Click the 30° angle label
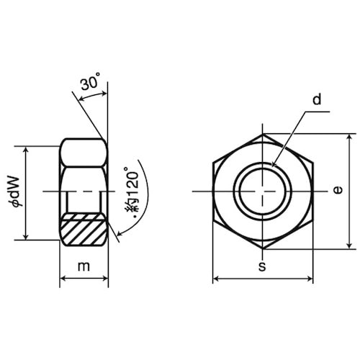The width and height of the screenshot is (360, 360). point(90,81)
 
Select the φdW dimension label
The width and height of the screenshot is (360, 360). point(17,192)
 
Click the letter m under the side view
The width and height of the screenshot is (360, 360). point(84,266)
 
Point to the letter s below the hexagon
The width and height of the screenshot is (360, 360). point(262,266)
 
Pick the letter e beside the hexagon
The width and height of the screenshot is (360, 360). point(338,190)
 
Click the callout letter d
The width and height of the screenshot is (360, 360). point(317,99)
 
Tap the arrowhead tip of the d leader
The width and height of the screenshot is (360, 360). point(272,166)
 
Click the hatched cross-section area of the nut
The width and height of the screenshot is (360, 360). point(83,229)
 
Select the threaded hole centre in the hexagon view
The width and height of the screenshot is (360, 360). point(263,192)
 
